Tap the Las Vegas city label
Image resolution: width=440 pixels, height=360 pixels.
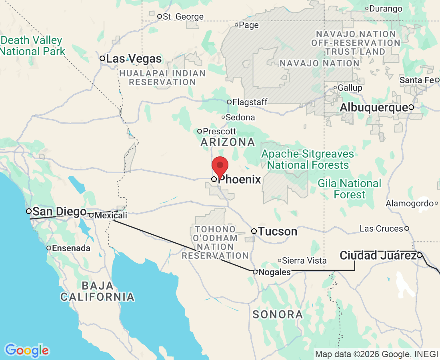click(134, 59)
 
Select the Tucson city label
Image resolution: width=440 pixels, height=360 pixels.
click(277, 232)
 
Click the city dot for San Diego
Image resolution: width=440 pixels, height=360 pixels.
click(29, 211)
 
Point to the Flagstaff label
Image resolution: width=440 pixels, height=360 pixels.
click(250, 102)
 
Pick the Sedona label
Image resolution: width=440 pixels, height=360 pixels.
click(240, 118)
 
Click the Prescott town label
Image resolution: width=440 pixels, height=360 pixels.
click(219, 131)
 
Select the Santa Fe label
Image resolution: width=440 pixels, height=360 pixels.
click(416, 80)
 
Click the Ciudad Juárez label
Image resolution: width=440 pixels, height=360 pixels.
click(378, 255)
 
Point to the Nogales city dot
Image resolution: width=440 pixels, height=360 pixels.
click(255, 272)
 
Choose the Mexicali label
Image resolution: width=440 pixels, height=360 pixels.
click(110, 216)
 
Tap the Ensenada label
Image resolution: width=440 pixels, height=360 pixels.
click(71, 248)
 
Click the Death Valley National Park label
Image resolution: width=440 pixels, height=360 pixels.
click(32, 46)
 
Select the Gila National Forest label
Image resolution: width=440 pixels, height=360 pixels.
click(350, 189)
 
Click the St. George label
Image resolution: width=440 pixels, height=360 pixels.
click(183, 17)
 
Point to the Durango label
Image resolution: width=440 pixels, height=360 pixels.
click(386, 8)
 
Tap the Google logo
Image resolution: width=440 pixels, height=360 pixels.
click(27, 350)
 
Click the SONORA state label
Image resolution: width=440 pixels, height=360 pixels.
click(277, 314)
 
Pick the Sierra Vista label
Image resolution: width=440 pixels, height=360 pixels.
click(304, 261)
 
